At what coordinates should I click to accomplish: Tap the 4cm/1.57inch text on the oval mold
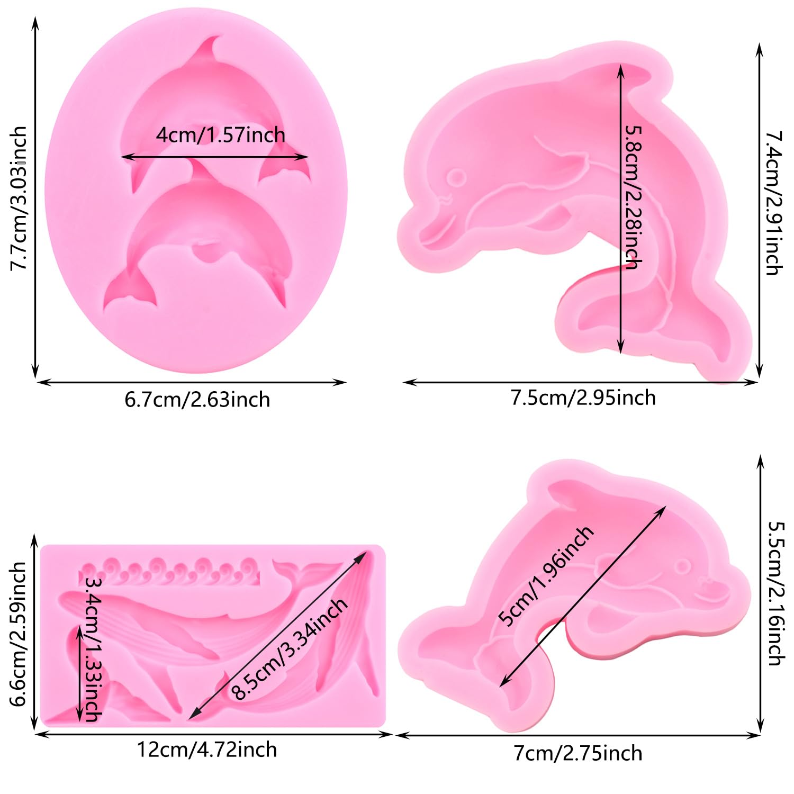point(220,135)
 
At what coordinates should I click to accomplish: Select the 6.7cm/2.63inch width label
point(197,400)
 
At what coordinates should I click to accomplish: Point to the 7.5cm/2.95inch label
point(583,398)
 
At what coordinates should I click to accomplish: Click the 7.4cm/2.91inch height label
point(773,203)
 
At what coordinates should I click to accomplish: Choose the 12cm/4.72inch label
point(207,750)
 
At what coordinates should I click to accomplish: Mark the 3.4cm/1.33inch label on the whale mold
point(93,649)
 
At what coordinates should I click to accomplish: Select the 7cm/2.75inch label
point(578,753)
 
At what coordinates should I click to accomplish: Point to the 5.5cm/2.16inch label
point(775,593)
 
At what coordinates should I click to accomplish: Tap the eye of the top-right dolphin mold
point(456,177)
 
